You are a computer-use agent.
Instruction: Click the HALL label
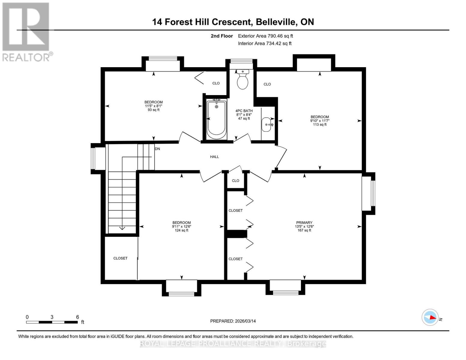click(x=214, y=157)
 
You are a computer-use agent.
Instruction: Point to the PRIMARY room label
click(x=304, y=223)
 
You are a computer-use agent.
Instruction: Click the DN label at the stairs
click(x=157, y=149)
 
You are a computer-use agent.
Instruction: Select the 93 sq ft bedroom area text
click(x=154, y=110)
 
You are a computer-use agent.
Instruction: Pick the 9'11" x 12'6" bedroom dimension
click(x=182, y=226)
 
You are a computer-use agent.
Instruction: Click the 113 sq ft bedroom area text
click(x=320, y=124)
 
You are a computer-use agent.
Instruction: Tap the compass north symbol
click(x=430, y=317)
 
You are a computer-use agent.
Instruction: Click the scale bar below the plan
click(x=52, y=322)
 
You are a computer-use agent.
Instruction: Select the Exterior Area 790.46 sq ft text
click(x=265, y=36)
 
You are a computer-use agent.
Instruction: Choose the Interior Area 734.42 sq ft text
click(x=265, y=43)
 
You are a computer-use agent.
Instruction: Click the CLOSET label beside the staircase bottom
click(x=120, y=258)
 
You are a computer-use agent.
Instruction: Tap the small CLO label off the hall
click(x=236, y=181)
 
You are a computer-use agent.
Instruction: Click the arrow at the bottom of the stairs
click(x=122, y=228)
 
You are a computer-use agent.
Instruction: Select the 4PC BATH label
click(x=244, y=111)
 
